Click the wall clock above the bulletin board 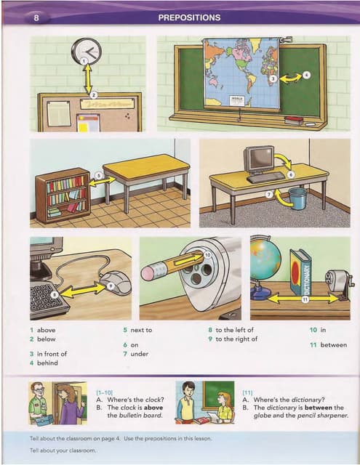(x=87, y=52)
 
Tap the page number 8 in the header (x=36, y=16)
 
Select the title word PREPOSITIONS (x=189, y=16)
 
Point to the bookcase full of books (x=63, y=195)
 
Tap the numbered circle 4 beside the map (x=306, y=74)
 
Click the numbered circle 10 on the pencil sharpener (x=207, y=255)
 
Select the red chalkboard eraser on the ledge (x=293, y=119)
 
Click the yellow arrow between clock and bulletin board (x=89, y=78)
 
